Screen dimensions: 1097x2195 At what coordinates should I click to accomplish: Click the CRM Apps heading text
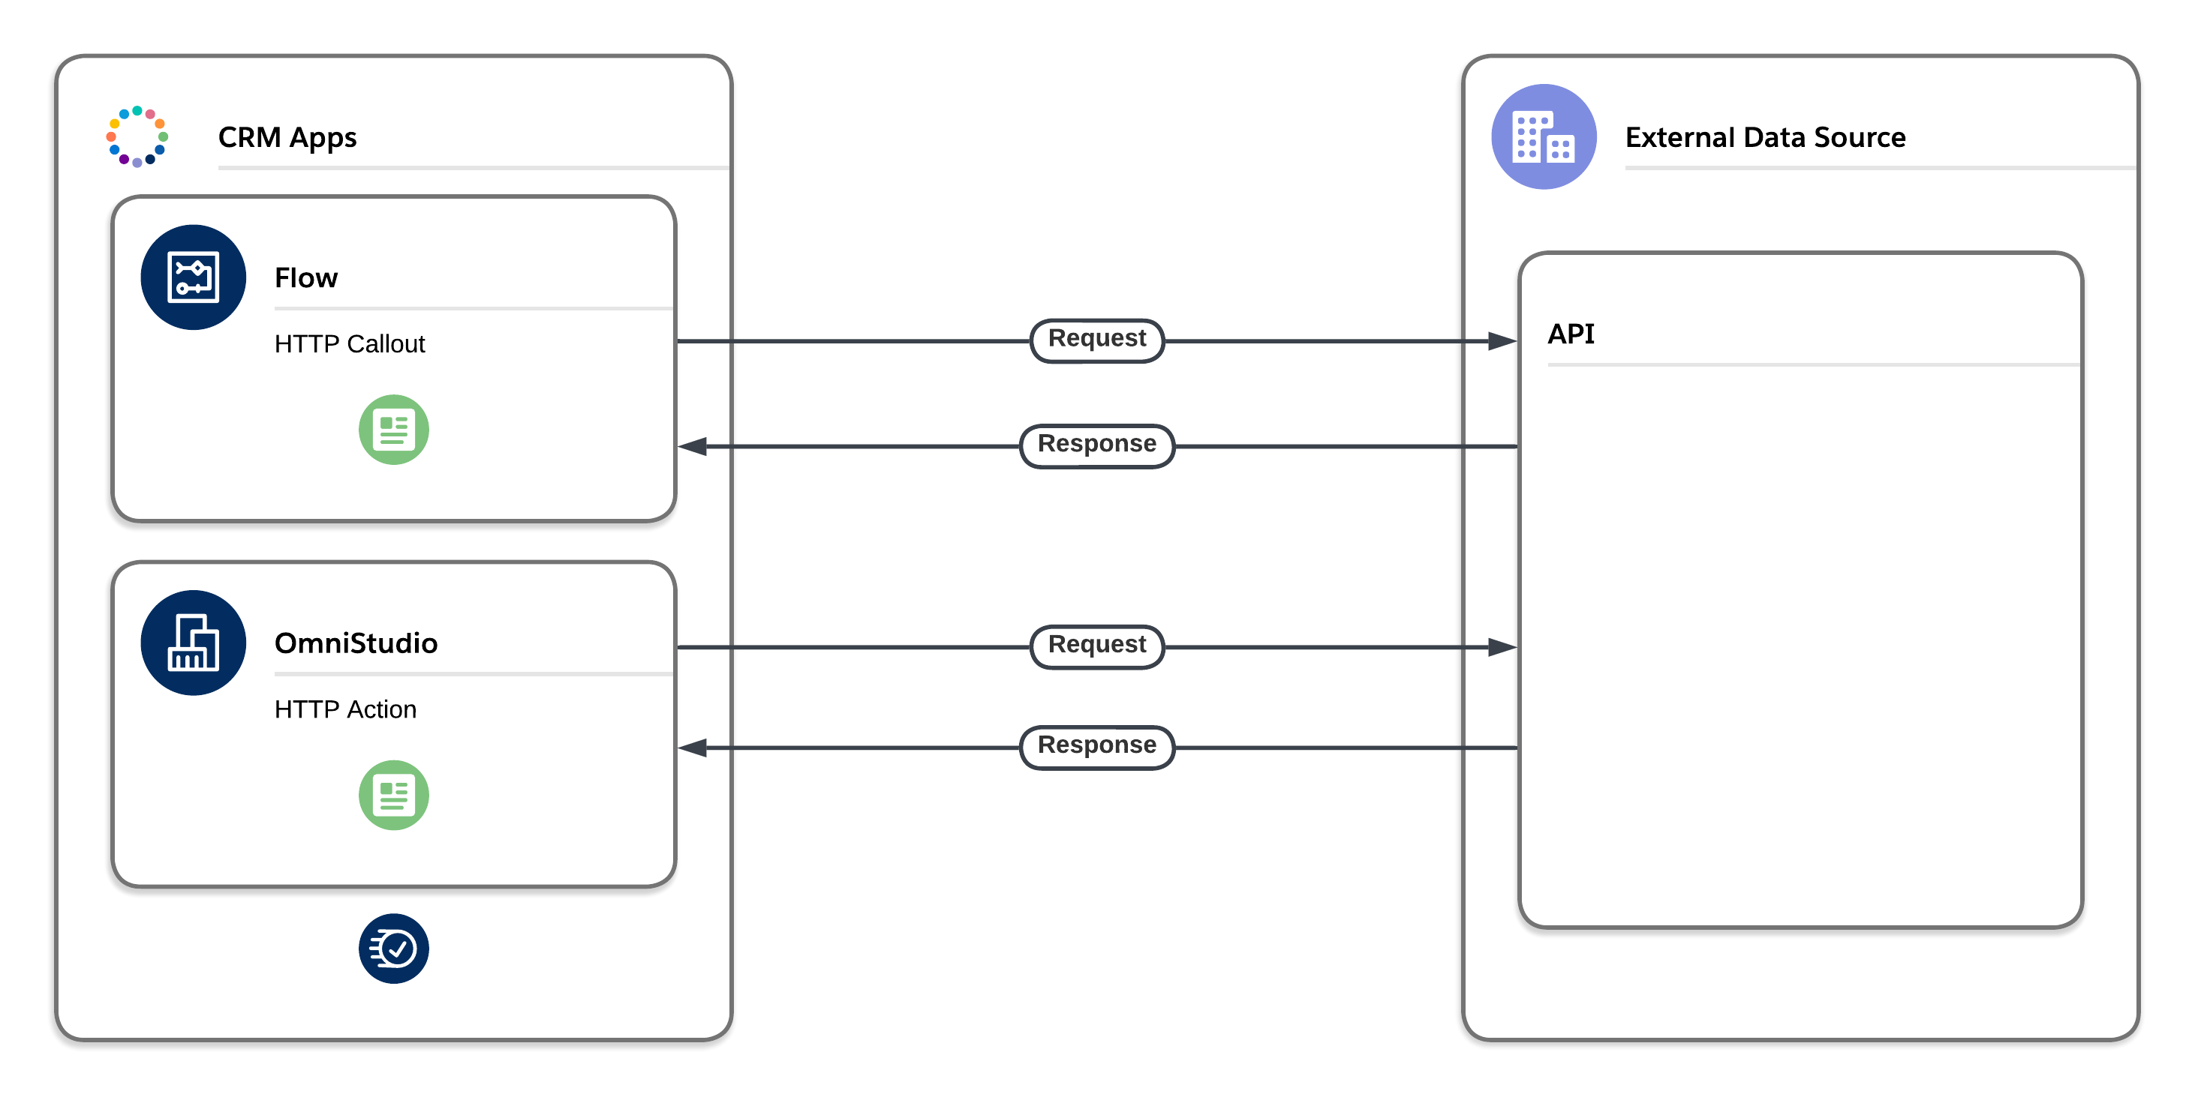[x=287, y=138]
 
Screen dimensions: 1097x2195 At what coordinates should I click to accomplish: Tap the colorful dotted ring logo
[x=137, y=137]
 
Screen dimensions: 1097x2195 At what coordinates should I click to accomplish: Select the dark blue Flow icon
[x=194, y=277]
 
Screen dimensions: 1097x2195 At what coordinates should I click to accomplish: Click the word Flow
[x=306, y=278]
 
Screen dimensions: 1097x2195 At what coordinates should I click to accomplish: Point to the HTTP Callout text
[x=350, y=344]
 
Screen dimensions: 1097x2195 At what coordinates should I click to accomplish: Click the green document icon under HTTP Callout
[x=394, y=430]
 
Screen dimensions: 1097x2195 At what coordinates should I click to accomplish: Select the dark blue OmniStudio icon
[x=194, y=643]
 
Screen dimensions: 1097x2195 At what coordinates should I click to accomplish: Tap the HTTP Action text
[x=345, y=709]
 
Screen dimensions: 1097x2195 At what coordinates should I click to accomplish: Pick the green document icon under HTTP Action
[x=394, y=796]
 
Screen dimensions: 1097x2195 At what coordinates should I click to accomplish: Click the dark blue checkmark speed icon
[x=394, y=949]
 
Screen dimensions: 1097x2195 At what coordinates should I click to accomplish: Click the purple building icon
[x=1543, y=137]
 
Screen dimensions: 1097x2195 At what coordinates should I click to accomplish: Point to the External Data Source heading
[x=1765, y=138]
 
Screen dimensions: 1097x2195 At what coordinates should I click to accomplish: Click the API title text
[x=1571, y=334]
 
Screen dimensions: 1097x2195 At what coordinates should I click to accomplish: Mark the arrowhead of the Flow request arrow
[x=1502, y=341]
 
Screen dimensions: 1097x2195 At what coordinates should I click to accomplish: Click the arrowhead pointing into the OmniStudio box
[x=693, y=748]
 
